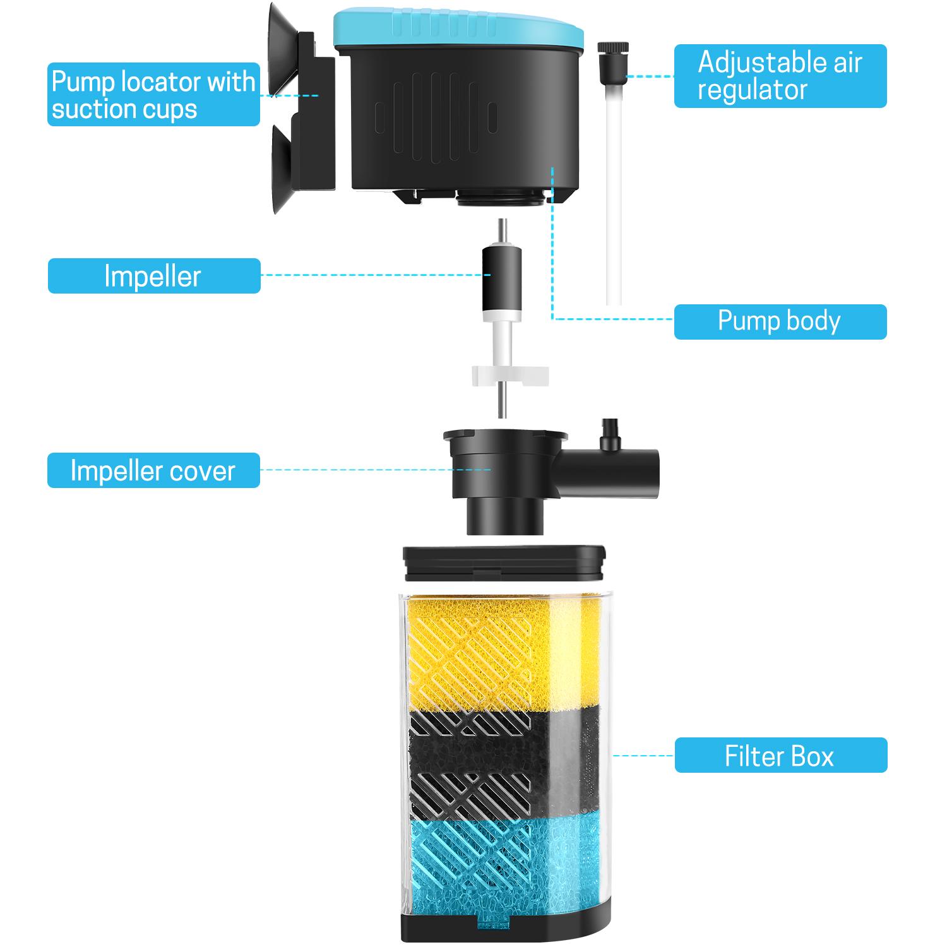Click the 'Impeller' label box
click(x=154, y=276)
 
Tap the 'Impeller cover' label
click(x=153, y=470)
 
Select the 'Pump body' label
click(x=780, y=321)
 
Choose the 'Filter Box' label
click(x=780, y=755)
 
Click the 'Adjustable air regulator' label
click(x=780, y=76)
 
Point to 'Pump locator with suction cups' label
click(x=153, y=95)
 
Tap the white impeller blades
click(x=509, y=378)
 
